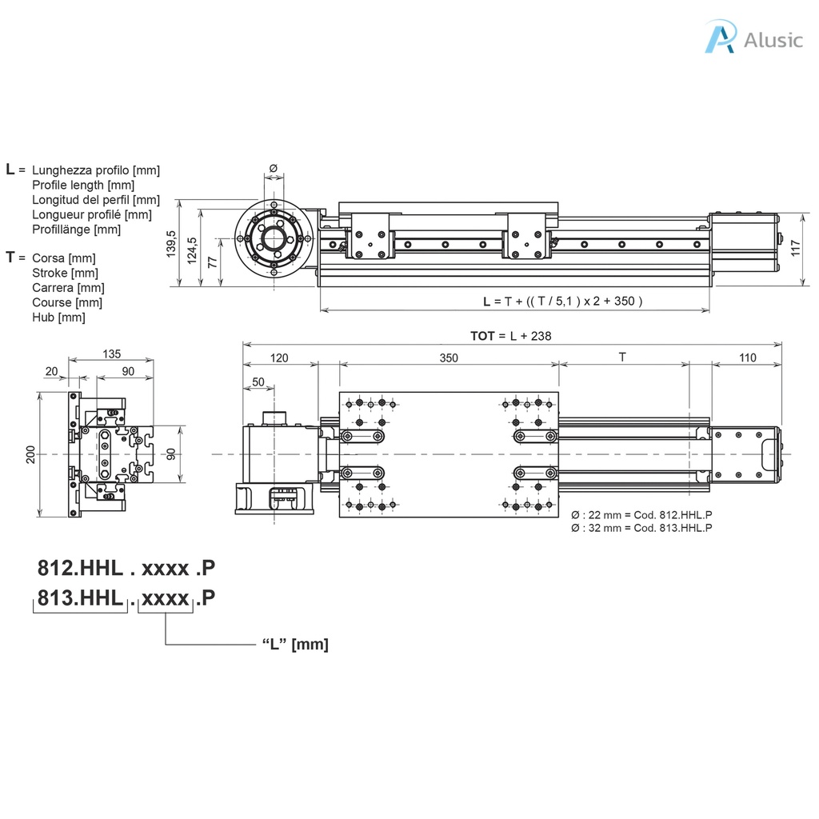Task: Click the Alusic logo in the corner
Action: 752,38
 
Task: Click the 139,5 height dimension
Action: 170,244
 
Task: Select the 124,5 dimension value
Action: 191,250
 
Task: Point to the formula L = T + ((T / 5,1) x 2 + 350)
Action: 563,302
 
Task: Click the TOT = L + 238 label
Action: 510,336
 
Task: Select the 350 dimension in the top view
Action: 449,358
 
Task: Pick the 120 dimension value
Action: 279,358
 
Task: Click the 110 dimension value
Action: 747,358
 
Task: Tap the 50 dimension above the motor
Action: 258,382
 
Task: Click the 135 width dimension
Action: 111,354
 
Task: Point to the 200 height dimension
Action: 30,454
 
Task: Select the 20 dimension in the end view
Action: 52,371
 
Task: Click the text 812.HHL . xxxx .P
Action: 126,569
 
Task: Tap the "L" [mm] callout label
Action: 295,645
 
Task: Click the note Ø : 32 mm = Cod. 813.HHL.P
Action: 641,528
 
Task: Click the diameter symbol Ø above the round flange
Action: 273,168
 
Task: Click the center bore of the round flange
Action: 274,238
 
